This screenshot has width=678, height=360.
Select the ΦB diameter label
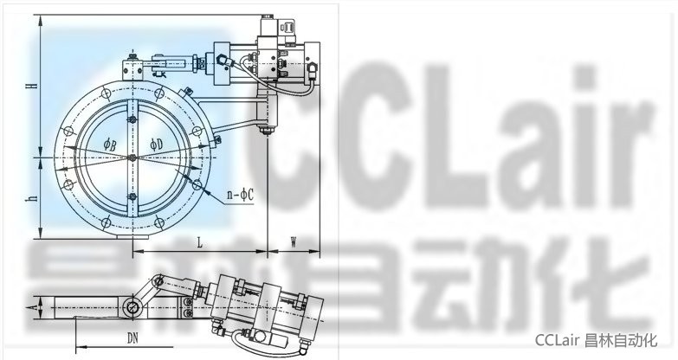110,145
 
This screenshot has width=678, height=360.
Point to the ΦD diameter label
157,145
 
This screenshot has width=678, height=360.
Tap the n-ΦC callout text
241,196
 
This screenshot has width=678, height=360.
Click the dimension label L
200,243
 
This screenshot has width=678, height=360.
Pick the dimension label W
293,243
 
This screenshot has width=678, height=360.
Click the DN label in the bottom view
133,338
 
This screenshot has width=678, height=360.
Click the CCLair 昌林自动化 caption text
597,341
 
